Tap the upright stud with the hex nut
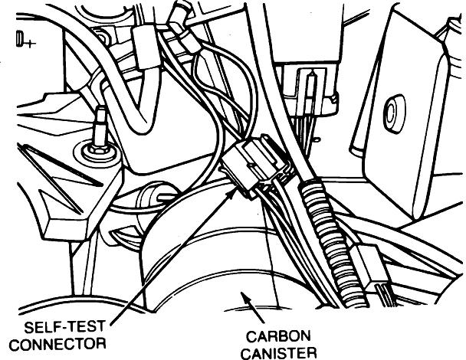click(99, 138)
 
